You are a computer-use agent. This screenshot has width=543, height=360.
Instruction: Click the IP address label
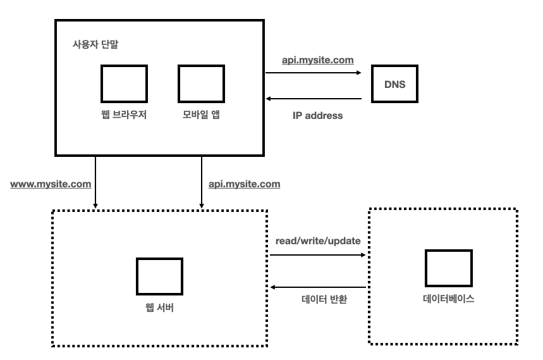coord(317,116)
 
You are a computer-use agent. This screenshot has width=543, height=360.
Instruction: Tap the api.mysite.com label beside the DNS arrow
coord(317,60)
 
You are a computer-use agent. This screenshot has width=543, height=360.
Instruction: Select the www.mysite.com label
coord(51,184)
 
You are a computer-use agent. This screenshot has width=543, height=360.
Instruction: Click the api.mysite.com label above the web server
coord(244,184)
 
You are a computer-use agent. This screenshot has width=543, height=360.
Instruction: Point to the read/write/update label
coord(318,242)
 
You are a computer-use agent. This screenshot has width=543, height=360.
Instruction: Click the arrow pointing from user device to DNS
coord(314,73)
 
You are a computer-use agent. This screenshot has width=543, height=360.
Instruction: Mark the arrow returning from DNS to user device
coord(314,99)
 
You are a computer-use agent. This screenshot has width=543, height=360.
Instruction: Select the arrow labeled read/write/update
coord(318,256)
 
